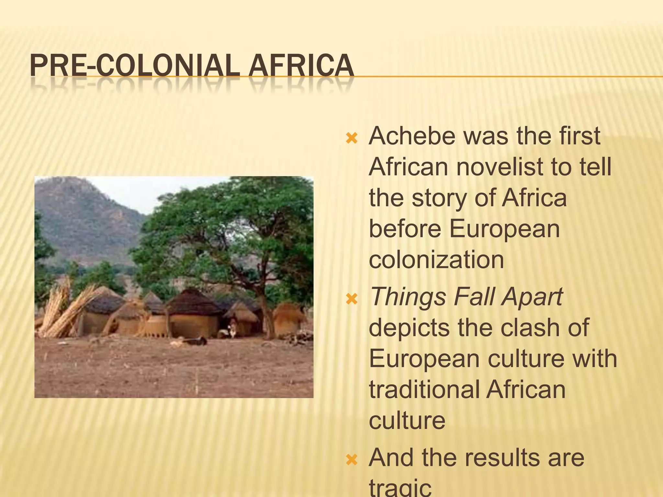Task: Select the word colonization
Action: (436, 260)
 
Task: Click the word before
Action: (405, 228)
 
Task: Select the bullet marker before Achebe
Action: (352, 139)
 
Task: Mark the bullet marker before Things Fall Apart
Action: (352, 299)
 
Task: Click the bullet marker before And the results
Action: (352, 460)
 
